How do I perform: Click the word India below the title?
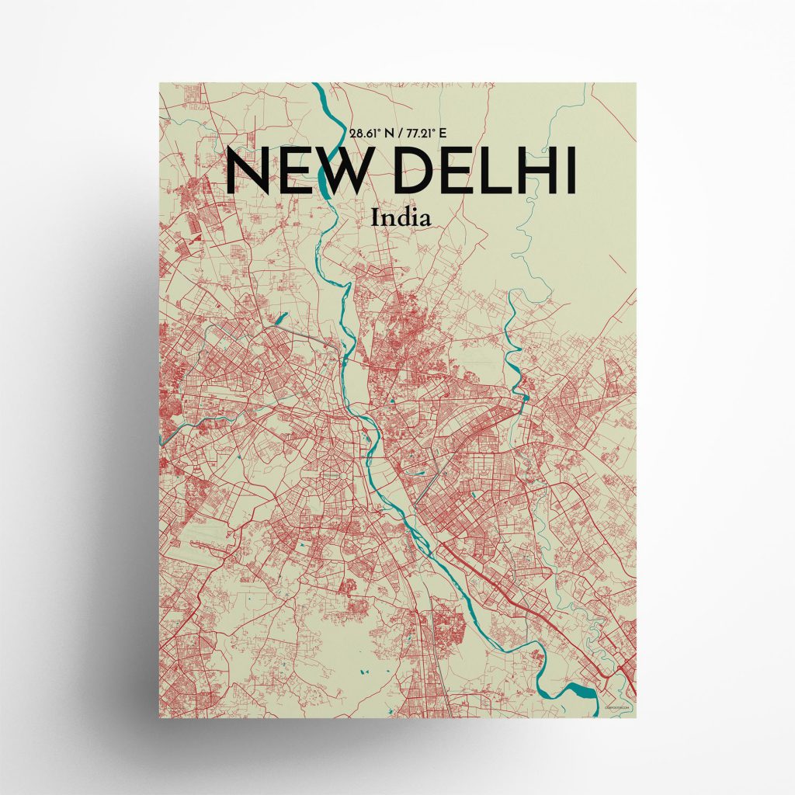tap(401, 217)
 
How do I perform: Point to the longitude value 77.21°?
tap(418, 134)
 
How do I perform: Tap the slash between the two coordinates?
tap(396, 134)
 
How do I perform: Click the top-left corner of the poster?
tap(160, 83)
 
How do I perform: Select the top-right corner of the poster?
tap(636, 83)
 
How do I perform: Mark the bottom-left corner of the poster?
tap(160, 715)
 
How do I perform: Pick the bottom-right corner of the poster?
tap(636, 715)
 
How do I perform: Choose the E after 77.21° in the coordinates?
tap(443, 134)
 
